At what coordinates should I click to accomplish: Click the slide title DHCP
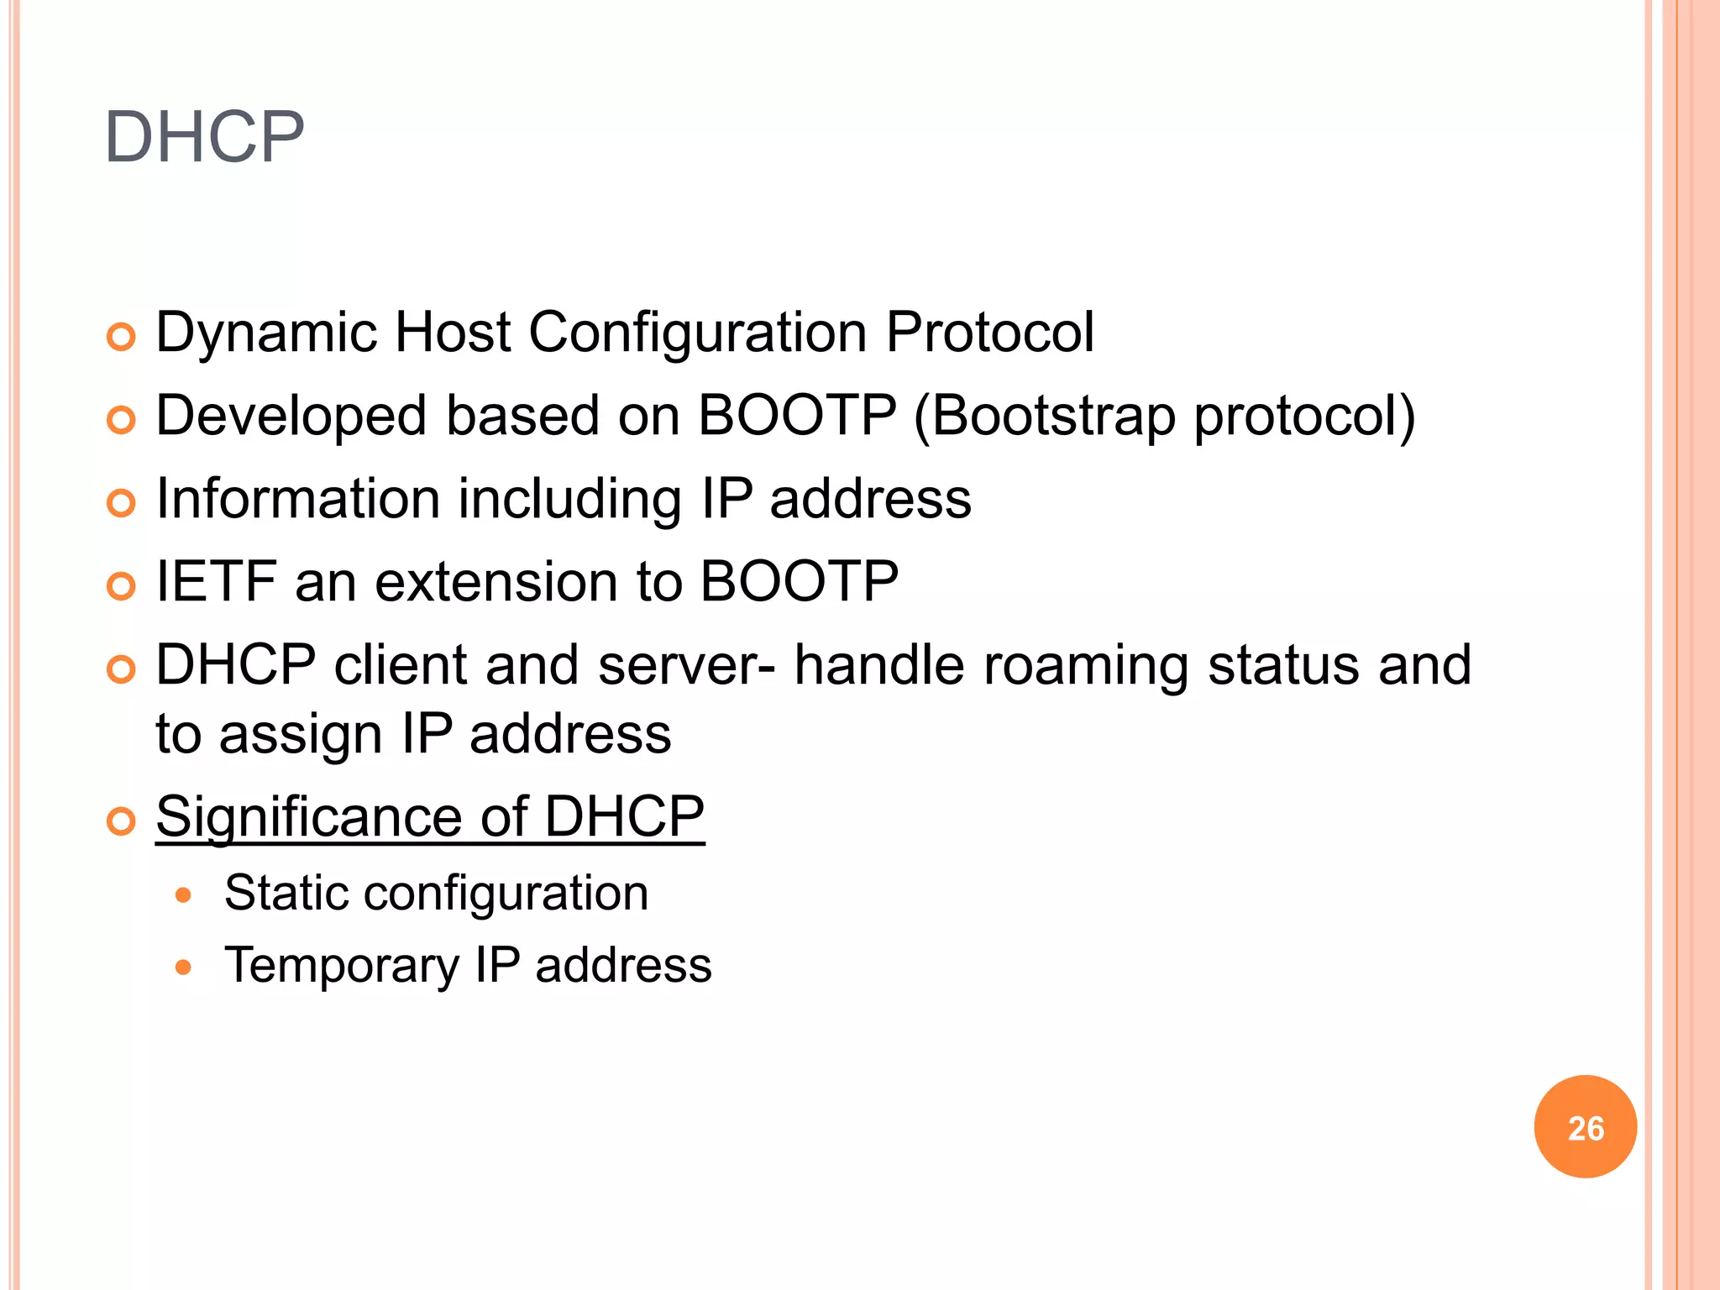[204, 137]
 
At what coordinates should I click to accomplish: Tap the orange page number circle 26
[1585, 1127]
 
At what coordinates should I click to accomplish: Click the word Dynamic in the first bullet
[267, 333]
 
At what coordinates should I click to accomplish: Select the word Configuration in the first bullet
[697, 333]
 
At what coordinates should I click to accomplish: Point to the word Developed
[291, 416]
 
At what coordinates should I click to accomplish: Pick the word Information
[298, 499]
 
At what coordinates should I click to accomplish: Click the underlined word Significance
[309, 816]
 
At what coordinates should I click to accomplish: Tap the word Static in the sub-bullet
[285, 892]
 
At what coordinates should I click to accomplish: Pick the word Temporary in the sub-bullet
[342, 966]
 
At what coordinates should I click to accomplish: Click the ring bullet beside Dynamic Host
[121, 338]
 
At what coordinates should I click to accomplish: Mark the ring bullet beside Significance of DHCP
[121, 821]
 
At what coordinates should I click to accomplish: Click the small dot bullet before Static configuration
[183, 895]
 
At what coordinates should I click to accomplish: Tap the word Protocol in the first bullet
[990, 333]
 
